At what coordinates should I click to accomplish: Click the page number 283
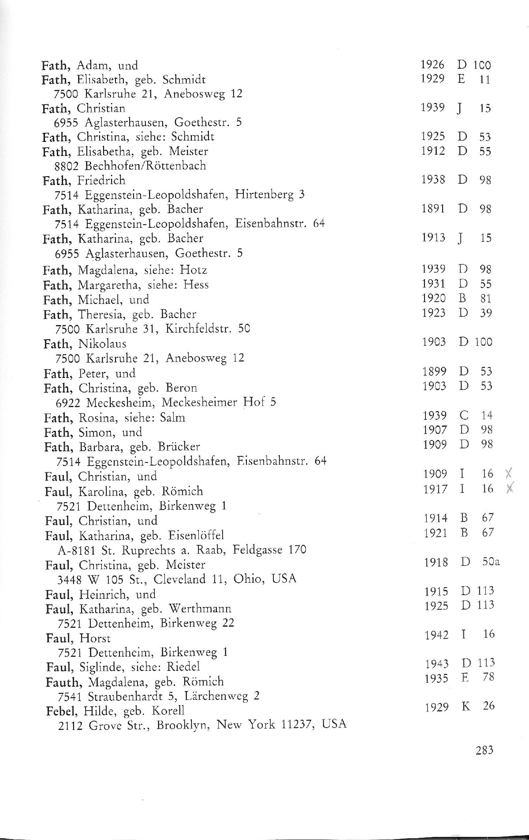[x=484, y=750]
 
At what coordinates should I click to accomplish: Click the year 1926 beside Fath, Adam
[x=432, y=65]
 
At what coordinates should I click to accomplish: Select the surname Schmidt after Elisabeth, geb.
[x=184, y=80]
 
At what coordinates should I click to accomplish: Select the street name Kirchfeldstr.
[x=198, y=329]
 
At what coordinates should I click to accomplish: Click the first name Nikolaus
[x=102, y=343]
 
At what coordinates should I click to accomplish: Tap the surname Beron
[x=182, y=388]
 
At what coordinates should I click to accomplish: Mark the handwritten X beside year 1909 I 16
[x=509, y=474]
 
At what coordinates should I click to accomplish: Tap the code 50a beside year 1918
[x=490, y=562]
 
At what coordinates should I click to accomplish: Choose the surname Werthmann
[x=200, y=609]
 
